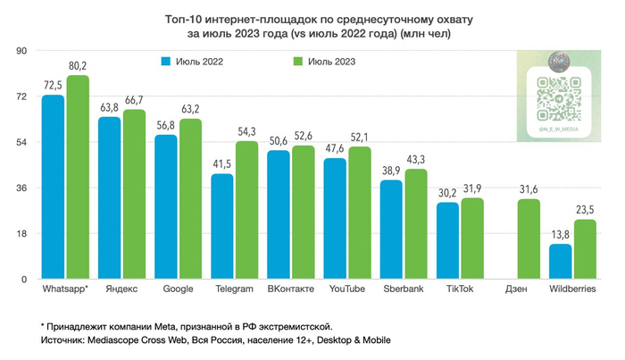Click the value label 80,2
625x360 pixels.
[78, 65]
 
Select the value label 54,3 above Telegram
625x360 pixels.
[246, 131]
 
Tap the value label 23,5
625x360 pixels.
[585, 210]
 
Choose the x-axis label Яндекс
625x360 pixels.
[121, 289]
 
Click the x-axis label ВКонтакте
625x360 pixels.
[289, 289]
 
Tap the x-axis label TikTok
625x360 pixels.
[459, 289]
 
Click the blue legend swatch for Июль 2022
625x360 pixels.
[166, 63]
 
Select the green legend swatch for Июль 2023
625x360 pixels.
[299, 63]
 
